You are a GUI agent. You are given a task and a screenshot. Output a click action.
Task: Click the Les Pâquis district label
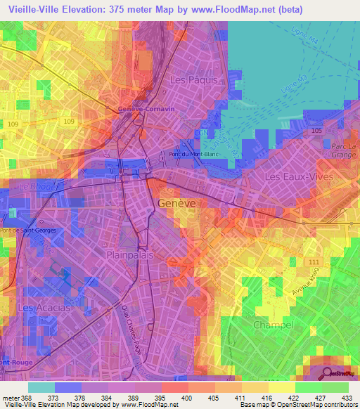pyautogui.click(x=196, y=80)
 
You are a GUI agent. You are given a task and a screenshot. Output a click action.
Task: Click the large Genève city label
pyautogui.click(x=178, y=202)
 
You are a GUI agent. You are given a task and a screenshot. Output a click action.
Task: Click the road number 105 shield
pyautogui.click(x=316, y=131)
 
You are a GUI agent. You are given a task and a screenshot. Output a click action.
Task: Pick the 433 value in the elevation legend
pyautogui.click(x=345, y=397)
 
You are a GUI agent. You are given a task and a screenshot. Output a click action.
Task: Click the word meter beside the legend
pyautogui.click(x=9, y=397)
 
